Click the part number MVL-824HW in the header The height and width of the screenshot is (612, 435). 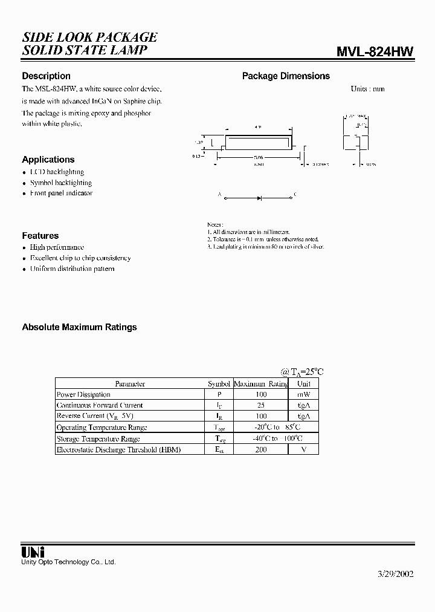coord(375,51)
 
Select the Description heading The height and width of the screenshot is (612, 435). coord(46,76)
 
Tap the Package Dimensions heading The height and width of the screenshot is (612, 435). coord(286,76)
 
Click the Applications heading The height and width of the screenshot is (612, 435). coord(48,160)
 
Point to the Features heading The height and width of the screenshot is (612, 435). coord(40,236)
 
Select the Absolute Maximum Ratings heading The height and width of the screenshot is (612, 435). coord(79,327)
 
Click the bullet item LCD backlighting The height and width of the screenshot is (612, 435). coord(57,172)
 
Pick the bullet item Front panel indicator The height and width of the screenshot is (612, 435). coord(61,194)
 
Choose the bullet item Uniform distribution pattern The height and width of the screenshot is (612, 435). coord(72,269)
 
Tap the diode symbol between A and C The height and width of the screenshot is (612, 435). coord(259,197)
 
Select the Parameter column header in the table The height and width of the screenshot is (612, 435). coord(130,383)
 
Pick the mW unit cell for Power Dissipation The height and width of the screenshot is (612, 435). coord(303,394)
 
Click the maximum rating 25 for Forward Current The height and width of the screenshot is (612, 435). coord(260,405)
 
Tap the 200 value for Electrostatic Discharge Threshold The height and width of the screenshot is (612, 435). coord(260,449)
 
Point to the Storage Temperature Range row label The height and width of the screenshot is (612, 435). coord(98,438)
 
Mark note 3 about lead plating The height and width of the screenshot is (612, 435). coord(265,247)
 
